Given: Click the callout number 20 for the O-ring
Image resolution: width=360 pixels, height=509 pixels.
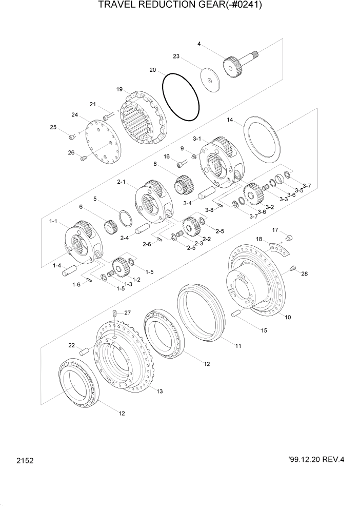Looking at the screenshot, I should point(152,70).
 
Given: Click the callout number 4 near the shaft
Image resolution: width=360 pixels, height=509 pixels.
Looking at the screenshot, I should point(199,44).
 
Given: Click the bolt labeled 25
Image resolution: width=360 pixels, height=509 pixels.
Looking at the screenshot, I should point(72,136).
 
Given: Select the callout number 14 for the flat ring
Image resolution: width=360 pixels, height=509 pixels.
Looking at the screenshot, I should point(230,120).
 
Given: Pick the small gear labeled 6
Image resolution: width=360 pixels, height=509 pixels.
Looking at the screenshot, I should point(111,226).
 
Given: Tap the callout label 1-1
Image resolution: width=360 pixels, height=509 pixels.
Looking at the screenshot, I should point(53,221).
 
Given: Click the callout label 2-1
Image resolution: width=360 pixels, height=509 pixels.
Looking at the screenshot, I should point(122,182).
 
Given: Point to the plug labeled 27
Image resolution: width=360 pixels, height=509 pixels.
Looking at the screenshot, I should point(115,313).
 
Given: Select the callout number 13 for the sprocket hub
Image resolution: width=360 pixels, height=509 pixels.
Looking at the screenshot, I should point(159,391).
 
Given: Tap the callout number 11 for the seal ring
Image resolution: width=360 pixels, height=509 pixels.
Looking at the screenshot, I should point(238,346).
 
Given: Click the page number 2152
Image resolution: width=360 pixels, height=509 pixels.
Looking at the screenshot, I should point(25,461).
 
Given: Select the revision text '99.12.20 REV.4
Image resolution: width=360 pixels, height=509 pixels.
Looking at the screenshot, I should point(309,460).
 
